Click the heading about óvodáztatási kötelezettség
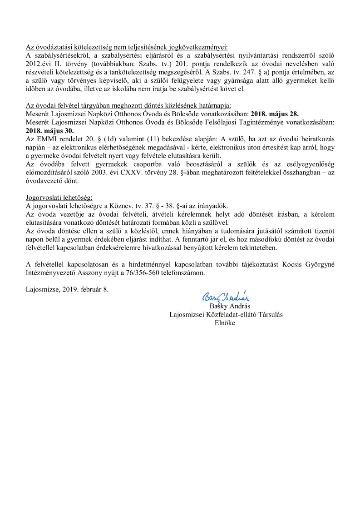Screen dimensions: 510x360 (127, 47)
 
